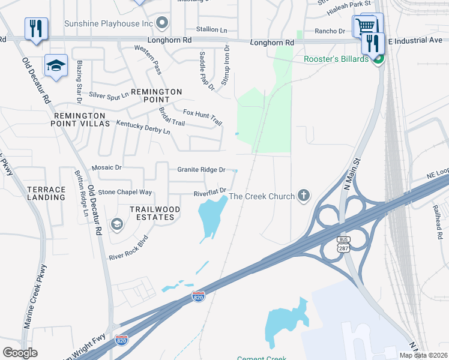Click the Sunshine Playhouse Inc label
point(113,23)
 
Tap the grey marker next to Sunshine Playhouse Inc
point(161,23)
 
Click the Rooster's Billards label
point(336,59)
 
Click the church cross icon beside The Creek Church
point(304,196)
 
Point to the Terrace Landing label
point(46,193)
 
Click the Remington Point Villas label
point(82,119)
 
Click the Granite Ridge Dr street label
point(201,170)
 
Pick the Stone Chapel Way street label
point(125,192)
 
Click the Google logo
point(20,353)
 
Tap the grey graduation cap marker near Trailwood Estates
point(116,224)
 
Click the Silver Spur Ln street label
point(109,95)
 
